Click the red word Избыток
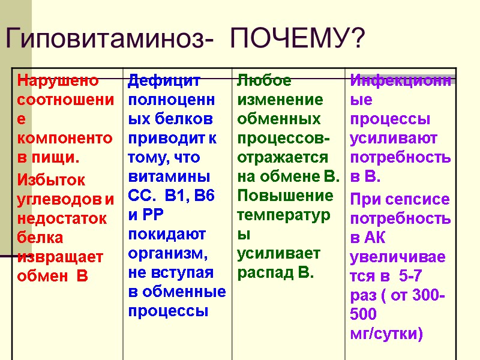52,179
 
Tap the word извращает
61,257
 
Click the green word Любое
265,80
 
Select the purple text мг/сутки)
386,334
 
